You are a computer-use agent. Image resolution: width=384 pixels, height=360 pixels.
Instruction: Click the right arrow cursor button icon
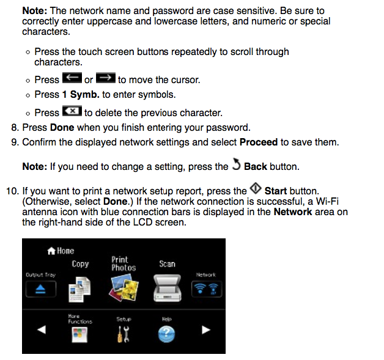pyautogui.click(x=106, y=79)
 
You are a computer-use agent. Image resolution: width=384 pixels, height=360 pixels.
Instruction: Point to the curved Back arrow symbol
pyautogui.click(x=236, y=166)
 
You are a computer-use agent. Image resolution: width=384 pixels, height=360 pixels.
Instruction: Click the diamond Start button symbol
pyautogui.click(x=256, y=190)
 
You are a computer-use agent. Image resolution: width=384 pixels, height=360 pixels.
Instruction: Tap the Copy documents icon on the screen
pyautogui.click(x=79, y=285)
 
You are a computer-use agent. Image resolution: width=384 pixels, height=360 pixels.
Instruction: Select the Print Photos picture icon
pyautogui.click(x=123, y=285)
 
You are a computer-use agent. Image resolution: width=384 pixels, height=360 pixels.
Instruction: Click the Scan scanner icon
pyautogui.click(x=166, y=285)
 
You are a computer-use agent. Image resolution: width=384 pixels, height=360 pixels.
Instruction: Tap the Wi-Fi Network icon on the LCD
pyautogui.click(x=205, y=289)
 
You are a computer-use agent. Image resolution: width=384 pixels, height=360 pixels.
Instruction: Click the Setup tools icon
pyautogui.click(x=123, y=333)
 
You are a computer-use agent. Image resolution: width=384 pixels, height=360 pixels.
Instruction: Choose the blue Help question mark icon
pyautogui.click(x=166, y=334)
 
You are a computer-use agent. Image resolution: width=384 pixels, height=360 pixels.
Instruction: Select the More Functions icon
pyautogui.click(x=79, y=334)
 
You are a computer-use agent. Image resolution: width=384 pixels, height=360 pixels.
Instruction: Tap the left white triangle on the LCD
pyautogui.click(x=42, y=329)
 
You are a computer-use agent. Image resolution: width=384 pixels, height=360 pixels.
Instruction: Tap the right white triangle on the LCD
pyautogui.click(x=206, y=329)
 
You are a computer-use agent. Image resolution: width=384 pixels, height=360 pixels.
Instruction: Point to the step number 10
pyautogui.click(x=12, y=191)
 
